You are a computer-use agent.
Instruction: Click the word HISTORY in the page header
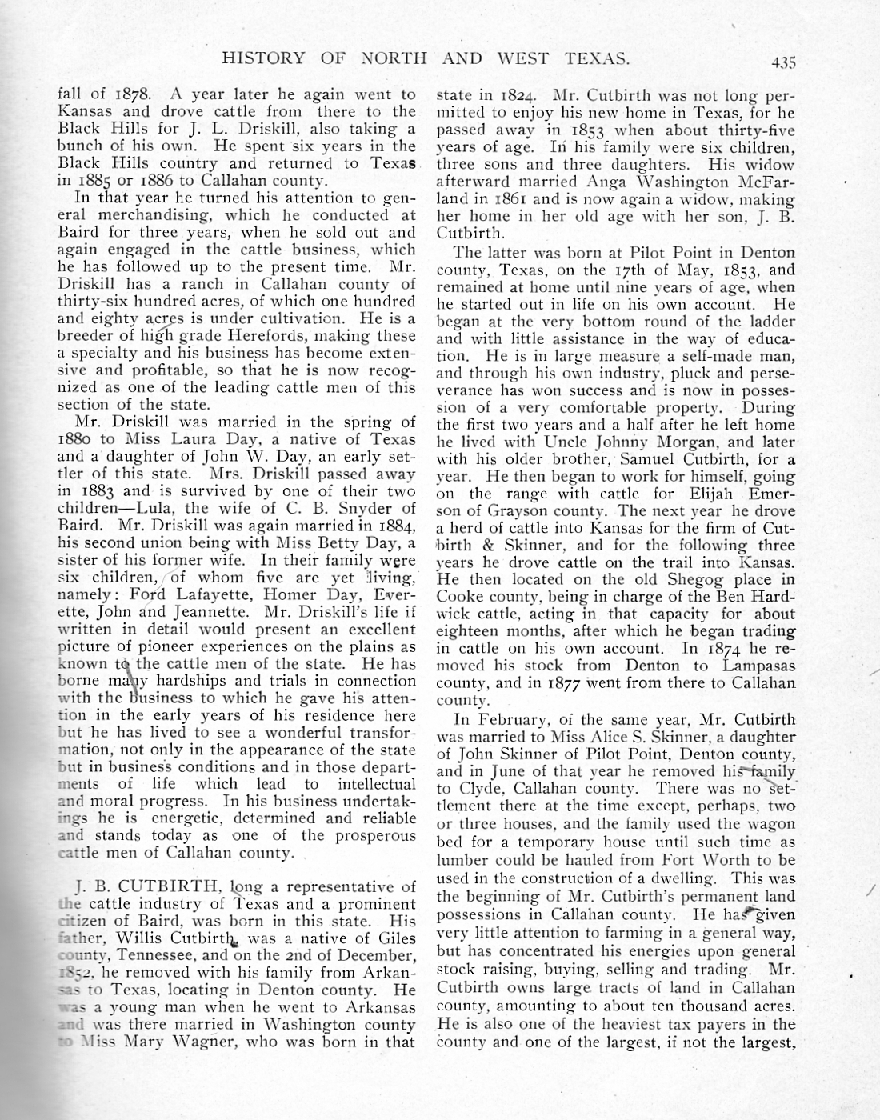coord(263,58)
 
